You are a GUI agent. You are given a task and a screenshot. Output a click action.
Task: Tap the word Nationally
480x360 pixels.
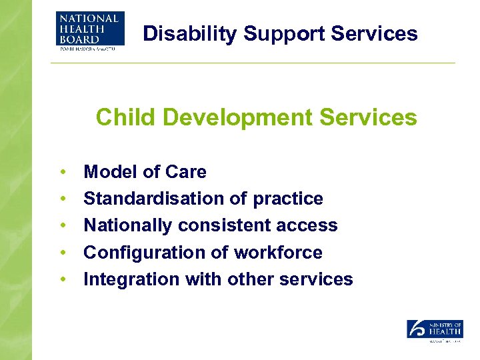click(x=128, y=225)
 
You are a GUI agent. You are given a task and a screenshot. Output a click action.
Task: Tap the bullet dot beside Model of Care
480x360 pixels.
click(x=62, y=173)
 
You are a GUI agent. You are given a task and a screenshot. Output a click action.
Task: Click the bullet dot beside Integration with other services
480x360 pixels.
click(x=62, y=280)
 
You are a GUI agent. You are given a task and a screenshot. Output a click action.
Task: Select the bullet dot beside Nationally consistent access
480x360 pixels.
click(x=62, y=226)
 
